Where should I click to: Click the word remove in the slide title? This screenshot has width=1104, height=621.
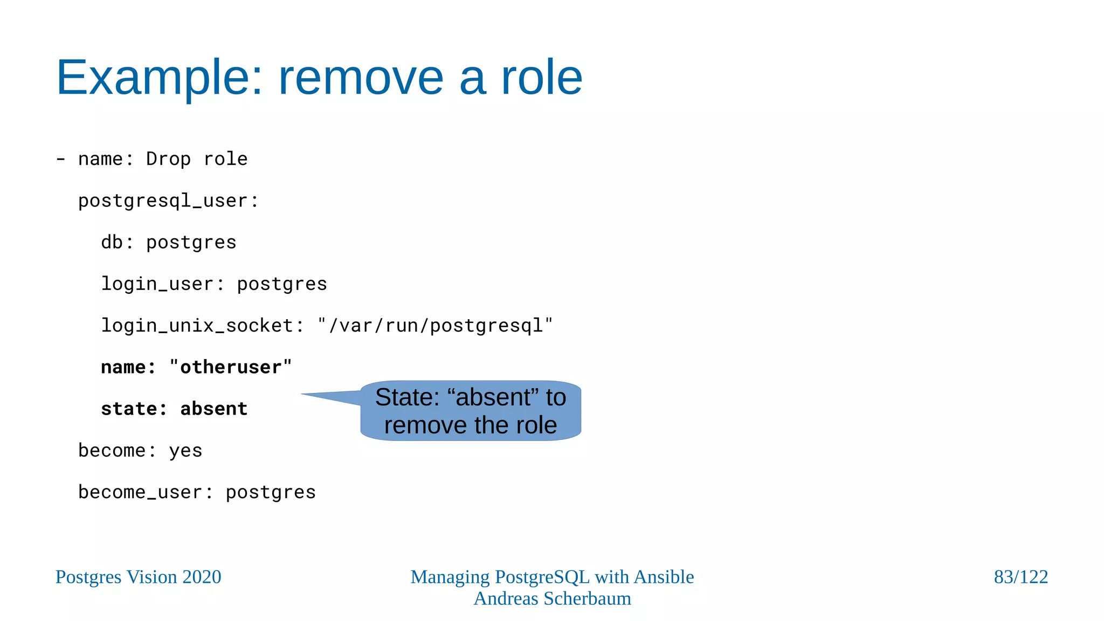(x=361, y=78)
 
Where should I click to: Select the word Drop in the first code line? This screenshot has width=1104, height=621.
(x=168, y=159)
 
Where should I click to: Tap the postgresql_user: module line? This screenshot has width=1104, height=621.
(x=168, y=201)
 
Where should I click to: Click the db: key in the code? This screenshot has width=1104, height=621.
(x=117, y=242)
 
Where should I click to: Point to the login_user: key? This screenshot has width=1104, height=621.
(x=162, y=284)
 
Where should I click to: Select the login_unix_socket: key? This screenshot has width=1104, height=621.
(x=202, y=325)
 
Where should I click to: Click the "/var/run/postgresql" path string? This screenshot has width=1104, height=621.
(x=435, y=325)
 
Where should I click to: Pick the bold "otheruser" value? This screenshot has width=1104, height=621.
(x=230, y=367)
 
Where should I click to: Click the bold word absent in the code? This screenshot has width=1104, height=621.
(x=213, y=409)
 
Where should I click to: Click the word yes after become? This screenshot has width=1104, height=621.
(x=185, y=450)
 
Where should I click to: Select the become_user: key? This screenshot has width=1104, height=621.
(x=146, y=492)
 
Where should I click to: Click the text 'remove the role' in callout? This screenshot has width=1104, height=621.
(x=470, y=425)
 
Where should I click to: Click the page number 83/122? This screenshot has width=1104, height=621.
(x=1020, y=577)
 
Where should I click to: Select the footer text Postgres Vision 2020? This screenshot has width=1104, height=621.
(x=138, y=577)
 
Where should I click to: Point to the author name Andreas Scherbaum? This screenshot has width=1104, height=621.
(x=552, y=598)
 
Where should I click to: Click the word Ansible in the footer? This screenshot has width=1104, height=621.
(x=664, y=577)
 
